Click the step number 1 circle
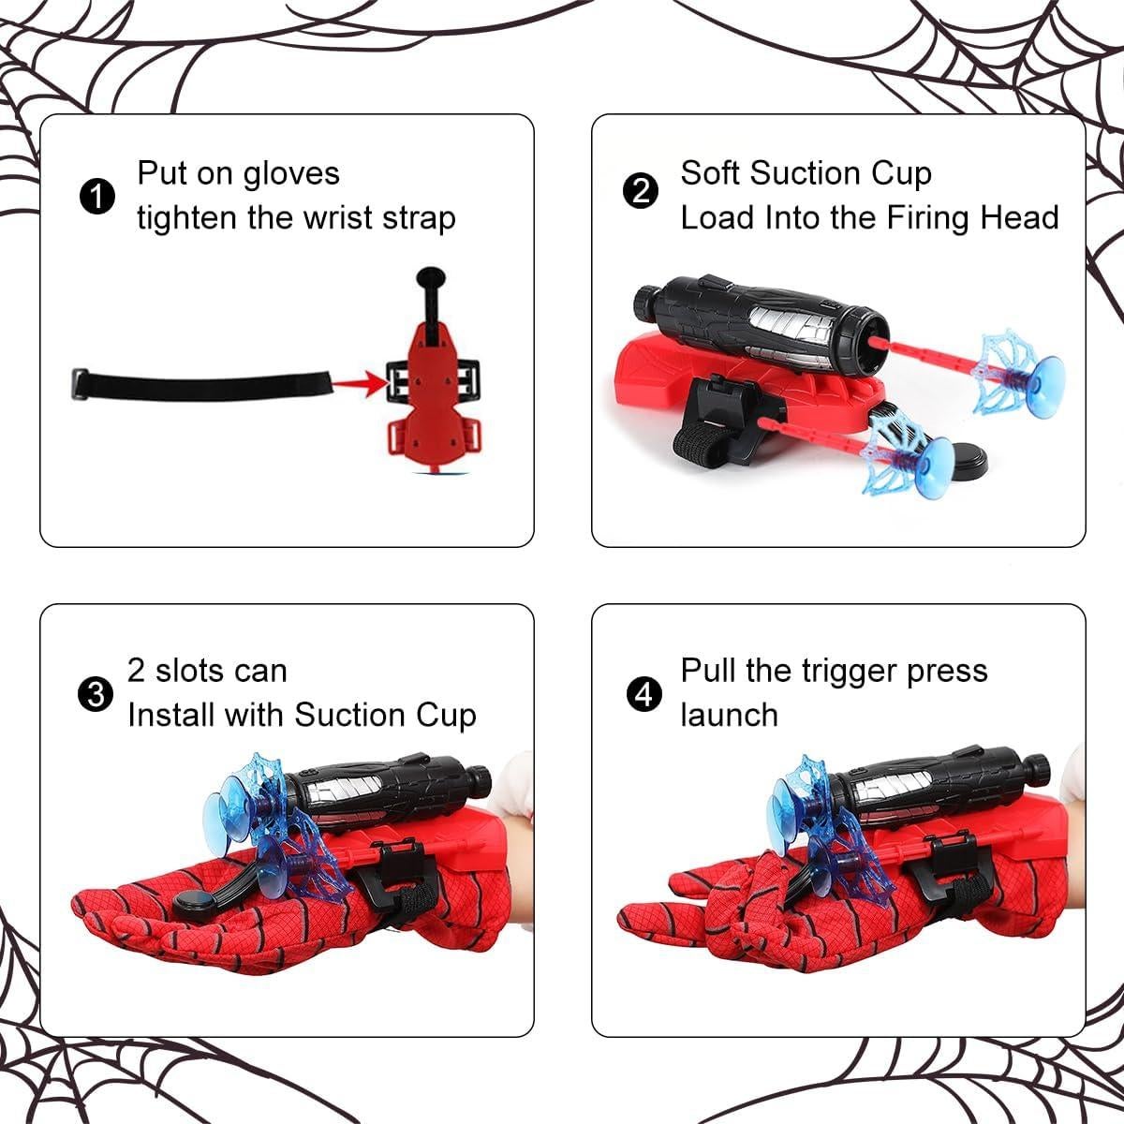(x=96, y=197)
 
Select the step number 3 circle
(x=94, y=694)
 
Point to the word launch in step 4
(x=729, y=716)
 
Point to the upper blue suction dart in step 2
(x=1021, y=362)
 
